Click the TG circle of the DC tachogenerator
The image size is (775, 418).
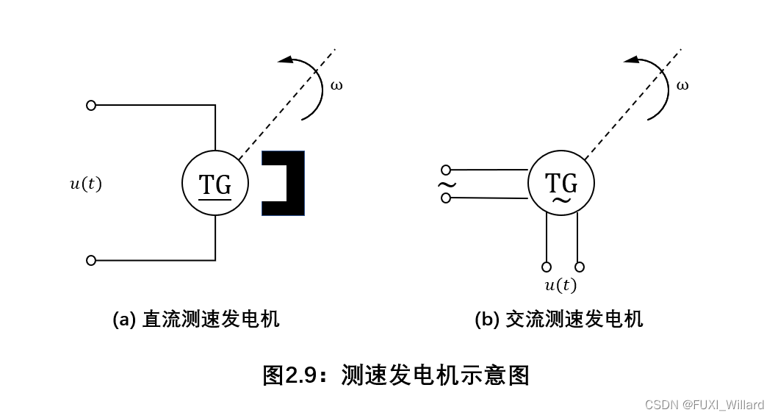[x=215, y=184]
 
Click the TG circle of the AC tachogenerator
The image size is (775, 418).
[x=562, y=182]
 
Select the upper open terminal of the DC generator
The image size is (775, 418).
[x=91, y=105]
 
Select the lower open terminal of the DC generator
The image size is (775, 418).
[x=91, y=260]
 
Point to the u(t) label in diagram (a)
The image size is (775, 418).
[x=86, y=184]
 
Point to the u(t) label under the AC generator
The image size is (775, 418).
[x=560, y=286]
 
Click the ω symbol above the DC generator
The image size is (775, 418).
[x=336, y=85]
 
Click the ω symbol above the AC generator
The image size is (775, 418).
[x=682, y=85]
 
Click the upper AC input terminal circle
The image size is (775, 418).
[x=446, y=170]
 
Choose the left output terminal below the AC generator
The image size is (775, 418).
[x=547, y=267]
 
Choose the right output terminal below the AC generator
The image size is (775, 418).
[x=580, y=267]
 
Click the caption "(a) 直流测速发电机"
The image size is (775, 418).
[x=196, y=320]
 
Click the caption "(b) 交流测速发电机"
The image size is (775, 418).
[x=559, y=320]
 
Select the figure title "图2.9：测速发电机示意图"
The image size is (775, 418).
[x=396, y=375]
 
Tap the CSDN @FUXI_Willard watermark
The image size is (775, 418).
[x=704, y=405]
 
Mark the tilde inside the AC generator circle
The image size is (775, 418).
[x=562, y=199]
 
